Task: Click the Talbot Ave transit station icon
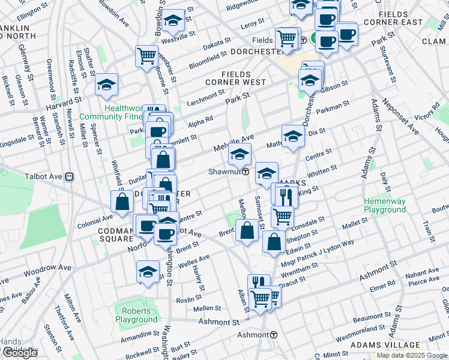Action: tap(70, 177)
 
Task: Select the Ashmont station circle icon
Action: tap(274, 334)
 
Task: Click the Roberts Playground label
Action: tap(137, 316)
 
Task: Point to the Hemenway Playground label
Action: tap(385, 206)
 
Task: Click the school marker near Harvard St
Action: tap(106, 84)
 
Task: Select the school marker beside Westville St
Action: tap(173, 22)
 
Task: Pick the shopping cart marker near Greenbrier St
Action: tap(146, 56)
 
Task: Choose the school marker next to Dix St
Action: tap(293, 136)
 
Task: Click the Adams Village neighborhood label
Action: tap(385, 346)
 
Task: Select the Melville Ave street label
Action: tap(234, 143)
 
